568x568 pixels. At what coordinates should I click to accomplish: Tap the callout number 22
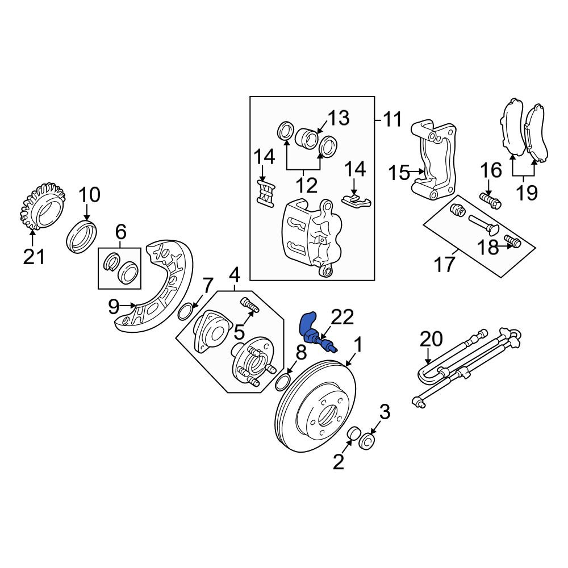tap(343, 318)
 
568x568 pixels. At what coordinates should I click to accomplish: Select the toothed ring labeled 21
tap(42, 206)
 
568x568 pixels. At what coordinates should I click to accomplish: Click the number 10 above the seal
tap(89, 195)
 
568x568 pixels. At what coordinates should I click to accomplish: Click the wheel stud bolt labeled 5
tap(250, 304)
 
